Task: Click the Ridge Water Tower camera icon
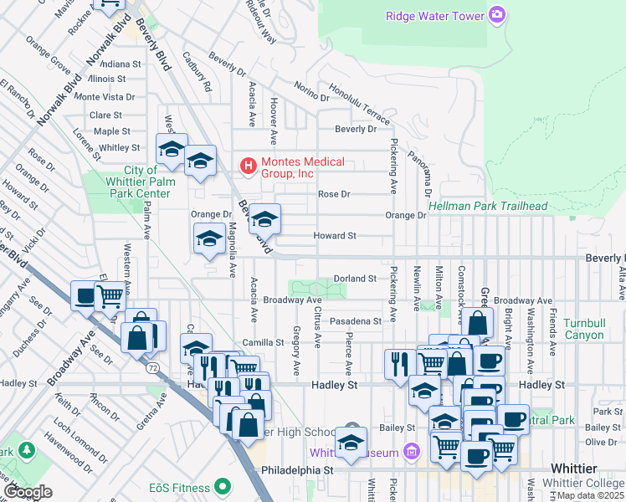point(497,14)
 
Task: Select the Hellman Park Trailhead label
point(488,206)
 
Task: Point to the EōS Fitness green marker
point(222,486)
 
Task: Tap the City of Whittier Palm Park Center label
point(136,182)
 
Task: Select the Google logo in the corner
point(27,491)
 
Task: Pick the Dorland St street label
point(354,278)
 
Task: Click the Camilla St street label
point(264,342)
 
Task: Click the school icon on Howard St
point(265,219)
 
